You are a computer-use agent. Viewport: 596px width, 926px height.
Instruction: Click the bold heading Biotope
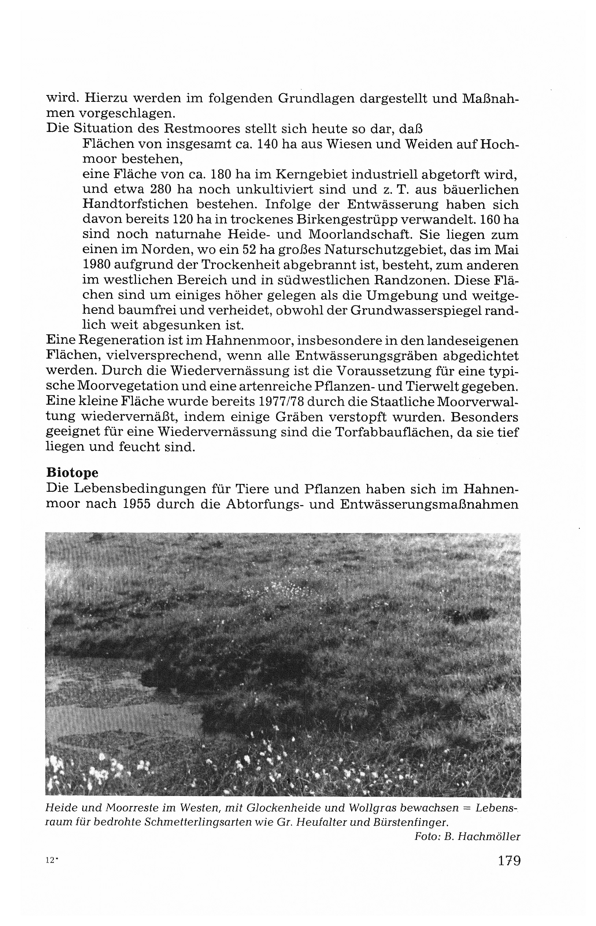[72, 473]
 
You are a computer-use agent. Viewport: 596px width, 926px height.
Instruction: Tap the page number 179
[509, 872]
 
